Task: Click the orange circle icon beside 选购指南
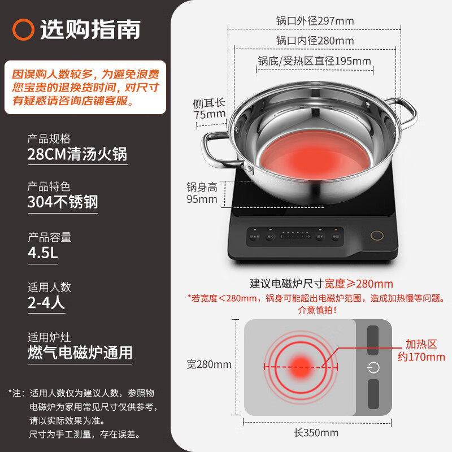tap(24, 29)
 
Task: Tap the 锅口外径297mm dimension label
tap(315, 21)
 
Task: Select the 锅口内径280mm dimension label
tap(315, 41)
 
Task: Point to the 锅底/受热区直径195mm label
tap(315, 61)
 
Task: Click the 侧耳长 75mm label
tap(208, 108)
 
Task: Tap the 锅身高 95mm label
tap(202, 193)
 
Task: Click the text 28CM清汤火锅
tap(77, 154)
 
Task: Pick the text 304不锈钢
tap(63, 202)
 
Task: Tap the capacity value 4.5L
tap(43, 253)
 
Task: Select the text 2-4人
tap(46, 303)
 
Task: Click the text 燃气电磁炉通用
tap(80, 353)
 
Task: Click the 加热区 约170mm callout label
tap(425, 350)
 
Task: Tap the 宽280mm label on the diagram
tap(209, 364)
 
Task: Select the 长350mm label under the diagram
tap(316, 433)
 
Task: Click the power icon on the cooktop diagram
tap(373, 368)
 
